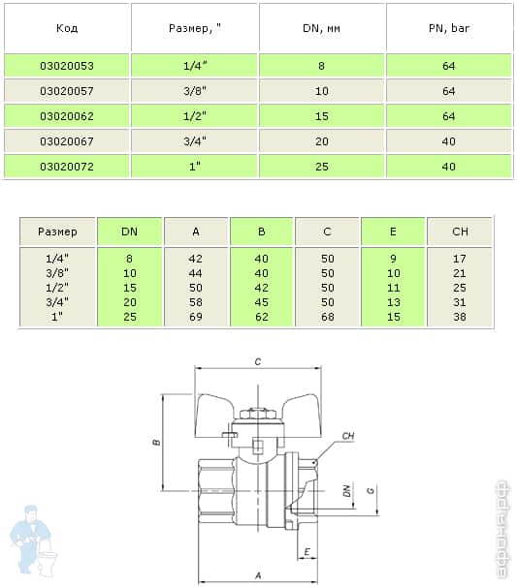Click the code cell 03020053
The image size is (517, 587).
[67, 66]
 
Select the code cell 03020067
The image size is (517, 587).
[67, 141]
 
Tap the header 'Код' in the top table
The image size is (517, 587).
[67, 28]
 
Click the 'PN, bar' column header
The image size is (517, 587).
[449, 28]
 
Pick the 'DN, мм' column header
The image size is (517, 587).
[321, 28]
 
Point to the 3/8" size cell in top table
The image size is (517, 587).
[195, 91]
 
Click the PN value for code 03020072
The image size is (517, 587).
[449, 167]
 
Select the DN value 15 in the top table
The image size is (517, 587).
[321, 116]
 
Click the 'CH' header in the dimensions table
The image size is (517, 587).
[460, 232]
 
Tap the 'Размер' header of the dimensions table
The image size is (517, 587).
[57, 232]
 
